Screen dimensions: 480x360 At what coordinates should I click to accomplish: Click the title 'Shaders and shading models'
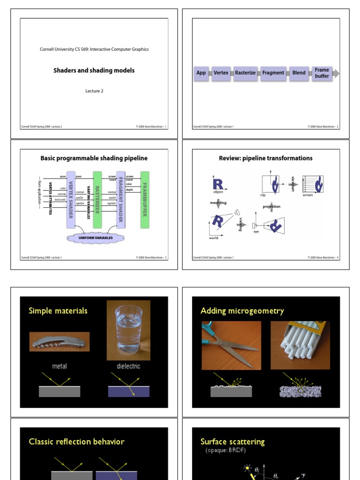(x=94, y=70)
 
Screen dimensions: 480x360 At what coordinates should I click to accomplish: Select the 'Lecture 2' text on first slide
(x=94, y=91)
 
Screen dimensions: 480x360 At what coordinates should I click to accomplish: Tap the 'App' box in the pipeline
(x=201, y=73)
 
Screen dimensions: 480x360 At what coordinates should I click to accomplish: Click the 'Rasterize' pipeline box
(x=245, y=73)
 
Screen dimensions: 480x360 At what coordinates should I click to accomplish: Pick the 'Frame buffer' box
(x=322, y=73)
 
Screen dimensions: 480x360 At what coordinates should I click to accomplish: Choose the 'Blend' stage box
(x=299, y=73)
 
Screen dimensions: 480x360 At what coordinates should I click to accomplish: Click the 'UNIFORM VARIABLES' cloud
(x=96, y=238)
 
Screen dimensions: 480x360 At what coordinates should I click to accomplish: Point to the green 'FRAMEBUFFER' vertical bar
(x=145, y=199)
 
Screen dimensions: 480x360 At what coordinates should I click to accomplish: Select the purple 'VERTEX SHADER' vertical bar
(x=71, y=199)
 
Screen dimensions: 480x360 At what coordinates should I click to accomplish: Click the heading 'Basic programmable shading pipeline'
(x=94, y=158)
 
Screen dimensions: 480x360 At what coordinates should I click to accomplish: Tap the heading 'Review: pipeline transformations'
(x=266, y=158)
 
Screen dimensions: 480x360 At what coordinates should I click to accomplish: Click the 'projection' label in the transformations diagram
(x=271, y=207)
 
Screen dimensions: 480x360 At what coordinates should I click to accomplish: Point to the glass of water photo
(x=128, y=330)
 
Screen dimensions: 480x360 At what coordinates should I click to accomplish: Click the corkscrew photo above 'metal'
(x=60, y=342)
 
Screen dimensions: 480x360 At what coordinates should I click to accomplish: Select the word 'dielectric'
(x=128, y=366)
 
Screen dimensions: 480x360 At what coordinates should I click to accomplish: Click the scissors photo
(x=231, y=345)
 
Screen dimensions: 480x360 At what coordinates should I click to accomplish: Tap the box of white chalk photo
(x=300, y=345)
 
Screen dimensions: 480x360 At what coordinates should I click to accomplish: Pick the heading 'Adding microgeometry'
(x=242, y=311)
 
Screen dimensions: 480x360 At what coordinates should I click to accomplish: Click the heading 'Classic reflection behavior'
(x=76, y=442)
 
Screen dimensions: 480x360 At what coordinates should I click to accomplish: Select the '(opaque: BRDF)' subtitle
(x=226, y=450)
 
